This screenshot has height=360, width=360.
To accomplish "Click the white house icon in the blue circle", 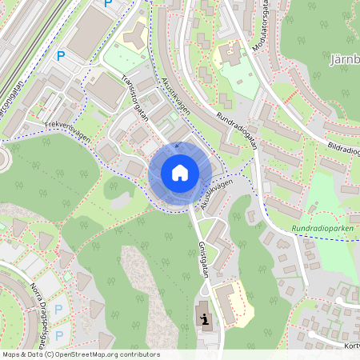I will click(x=179, y=173).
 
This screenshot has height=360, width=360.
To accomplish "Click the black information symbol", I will click(x=206, y=322).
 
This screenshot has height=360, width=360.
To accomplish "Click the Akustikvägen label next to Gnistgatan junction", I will click(x=216, y=195).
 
